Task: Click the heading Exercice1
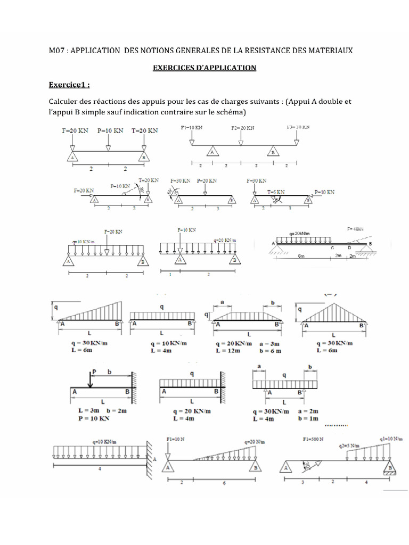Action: pos(69,85)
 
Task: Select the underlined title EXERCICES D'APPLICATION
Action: pos(204,68)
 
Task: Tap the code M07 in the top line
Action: pos(56,51)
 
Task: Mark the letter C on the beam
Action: pos(332,247)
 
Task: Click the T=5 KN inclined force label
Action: pos(276,192)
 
